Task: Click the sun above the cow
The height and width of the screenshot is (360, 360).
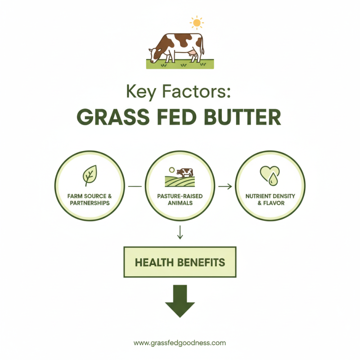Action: (x=197, y=22)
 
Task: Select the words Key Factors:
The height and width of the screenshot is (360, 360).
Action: (x=180, y=92)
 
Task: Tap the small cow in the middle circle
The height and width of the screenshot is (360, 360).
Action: (x=184, y=172)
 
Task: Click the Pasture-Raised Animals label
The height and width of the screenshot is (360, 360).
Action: (x=180, y=199)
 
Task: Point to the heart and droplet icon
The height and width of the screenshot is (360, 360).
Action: (x=270, y=175)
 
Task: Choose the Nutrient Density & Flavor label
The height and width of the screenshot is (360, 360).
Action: (x=270, y=199)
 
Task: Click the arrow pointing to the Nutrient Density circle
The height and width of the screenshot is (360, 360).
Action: (x=225, y=186)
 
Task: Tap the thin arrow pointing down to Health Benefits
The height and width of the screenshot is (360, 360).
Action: (x=180, y=232)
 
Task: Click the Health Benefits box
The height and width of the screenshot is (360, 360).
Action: (x=180, y=261)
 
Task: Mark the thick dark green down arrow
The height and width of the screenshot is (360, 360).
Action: (x=180, y=301)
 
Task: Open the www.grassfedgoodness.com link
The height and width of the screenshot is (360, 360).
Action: (x=180, y=342)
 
